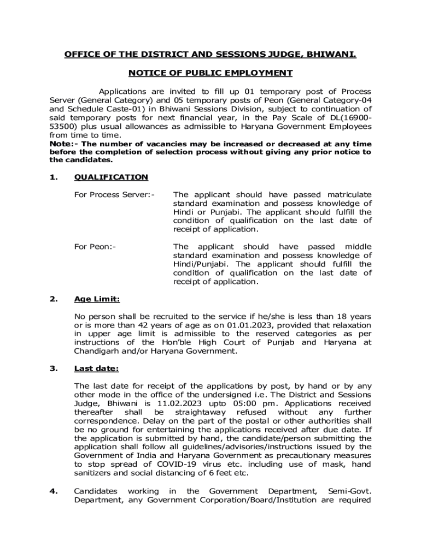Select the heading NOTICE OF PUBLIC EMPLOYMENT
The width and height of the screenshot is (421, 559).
pyautogui.click(x=210, y=73)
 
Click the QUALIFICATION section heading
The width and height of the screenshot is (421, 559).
pyautogui.click(x=111, y=177)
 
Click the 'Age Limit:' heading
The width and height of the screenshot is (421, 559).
pyautogui.click(x=97, y=299)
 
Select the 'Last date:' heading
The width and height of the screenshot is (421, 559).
pyautogui.click(x=96, y=368)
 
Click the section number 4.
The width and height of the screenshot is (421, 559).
pyautogui.click(x=54, y=491)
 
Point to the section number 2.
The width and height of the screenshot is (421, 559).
pyautogui.click(x=54, y=299)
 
